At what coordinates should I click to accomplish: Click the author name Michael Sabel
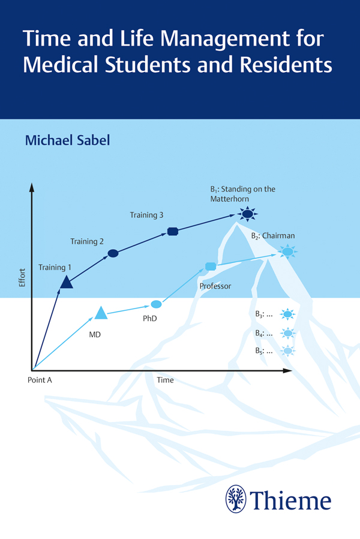point(67,140)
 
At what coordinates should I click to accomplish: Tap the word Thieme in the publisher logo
point(290,501)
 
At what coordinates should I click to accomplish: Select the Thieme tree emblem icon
point(236,499)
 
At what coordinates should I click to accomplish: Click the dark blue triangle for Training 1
point(66,282)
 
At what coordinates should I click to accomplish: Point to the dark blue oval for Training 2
point(113,253)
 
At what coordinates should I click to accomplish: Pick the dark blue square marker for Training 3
point(172,231)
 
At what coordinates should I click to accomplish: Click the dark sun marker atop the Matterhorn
point(247,214)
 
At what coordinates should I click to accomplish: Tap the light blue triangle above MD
point(101,313)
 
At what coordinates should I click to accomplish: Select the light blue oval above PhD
point(156,304)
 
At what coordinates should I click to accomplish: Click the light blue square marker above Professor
point(211,266)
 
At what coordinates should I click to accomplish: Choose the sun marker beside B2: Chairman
point(287,251)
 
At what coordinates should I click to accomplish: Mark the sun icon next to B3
point(287,314)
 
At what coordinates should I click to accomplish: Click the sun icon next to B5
point(287,351)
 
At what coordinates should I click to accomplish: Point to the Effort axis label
point(22,278)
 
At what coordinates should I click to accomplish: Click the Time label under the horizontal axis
point(165,380)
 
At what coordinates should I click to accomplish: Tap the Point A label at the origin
point(40,380)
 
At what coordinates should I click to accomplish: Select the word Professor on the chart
point(215,286)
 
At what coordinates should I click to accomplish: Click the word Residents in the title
point(286,64)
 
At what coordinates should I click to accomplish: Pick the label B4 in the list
point(259,333)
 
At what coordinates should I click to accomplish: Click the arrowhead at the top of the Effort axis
point(32,187)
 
